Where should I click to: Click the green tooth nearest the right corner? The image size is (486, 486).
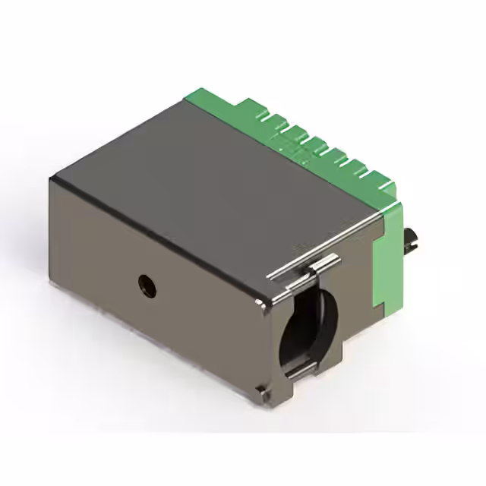(x=383, y=187)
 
